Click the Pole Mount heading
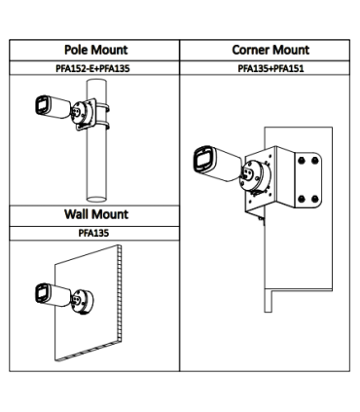pyautogui.click(x=96, y=50)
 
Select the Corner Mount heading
pyautogui.click(x=270, y=50)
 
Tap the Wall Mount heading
pyautogui.click(x=96, y=214)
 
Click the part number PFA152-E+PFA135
pyautogui.click(x=92, y=68)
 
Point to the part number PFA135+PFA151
pyautogui.click(x=270, y=68)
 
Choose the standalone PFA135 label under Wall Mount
pyautogui.click(x=93, y=233)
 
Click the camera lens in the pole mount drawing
pyautogui.click(x=42, y=105)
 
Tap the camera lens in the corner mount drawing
pyautogui.click(x=203, y=159)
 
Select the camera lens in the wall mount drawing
pyautogui.click(x=42, y=293)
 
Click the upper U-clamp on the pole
pyautogui.click(x=102, y=107)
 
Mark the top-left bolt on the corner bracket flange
pyautogui.click(x=302, y=160)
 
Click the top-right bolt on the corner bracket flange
pyautogui.click(x=314, y=160)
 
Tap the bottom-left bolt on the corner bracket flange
pyautogui.click(x=302, y=199)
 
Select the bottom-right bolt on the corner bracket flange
pyautogui.click(x=314, y=199)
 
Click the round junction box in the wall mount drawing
pyautogui.click(x=82, y=301)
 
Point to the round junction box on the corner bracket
pyautogui.click(x=255, y=175)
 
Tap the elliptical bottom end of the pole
pyautogui.click(x=96, y=199)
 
